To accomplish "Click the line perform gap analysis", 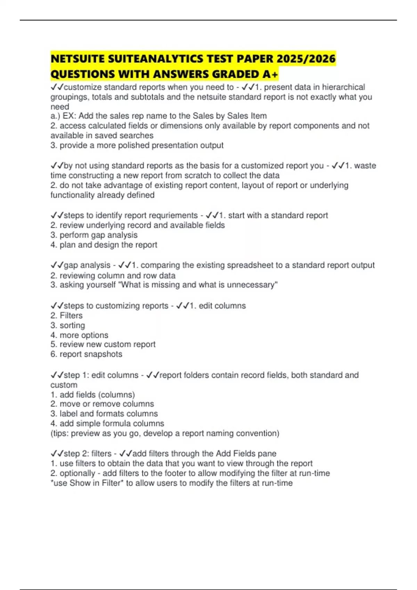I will (x=94, y=235).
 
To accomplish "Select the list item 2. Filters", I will (x=67, y=315).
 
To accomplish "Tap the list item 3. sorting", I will (x=68, y=325).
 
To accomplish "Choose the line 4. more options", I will (x=79, y=335).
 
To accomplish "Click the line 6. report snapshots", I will (x=86, y=354).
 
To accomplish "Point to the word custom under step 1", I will (x=64, y=385).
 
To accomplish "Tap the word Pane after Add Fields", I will (x=267, y=454).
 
